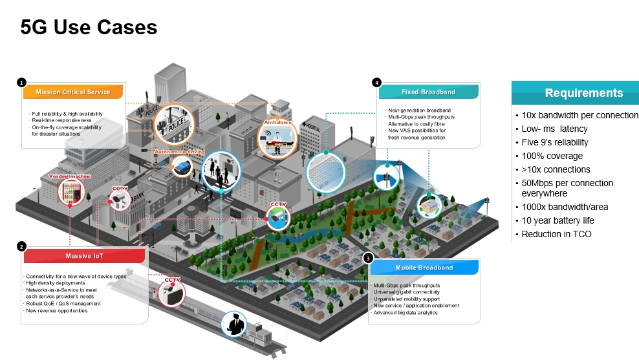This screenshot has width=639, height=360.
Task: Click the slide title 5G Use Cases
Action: [89, 27]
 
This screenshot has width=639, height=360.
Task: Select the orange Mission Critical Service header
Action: [73, 92]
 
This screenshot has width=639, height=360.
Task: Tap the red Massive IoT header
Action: [84, 257]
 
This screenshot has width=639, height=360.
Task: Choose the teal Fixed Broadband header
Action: [428, 92]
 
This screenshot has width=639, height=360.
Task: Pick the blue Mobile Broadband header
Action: [424, 267]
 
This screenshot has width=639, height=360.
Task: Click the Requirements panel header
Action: [575, 93]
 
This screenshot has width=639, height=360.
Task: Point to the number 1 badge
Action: [22, 83]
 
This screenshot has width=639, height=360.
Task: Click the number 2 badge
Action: [22, 246]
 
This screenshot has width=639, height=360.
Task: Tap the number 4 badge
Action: [376, 83]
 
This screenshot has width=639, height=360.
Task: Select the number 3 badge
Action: [368, 258]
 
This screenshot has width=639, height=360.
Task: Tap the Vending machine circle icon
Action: [72, 193]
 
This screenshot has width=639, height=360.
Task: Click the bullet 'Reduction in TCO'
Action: [556, 234]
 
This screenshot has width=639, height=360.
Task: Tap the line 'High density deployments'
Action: [56, 283]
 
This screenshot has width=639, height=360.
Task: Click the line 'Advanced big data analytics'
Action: [406, 312]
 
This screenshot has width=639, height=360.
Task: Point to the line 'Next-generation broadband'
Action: [419, 111]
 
